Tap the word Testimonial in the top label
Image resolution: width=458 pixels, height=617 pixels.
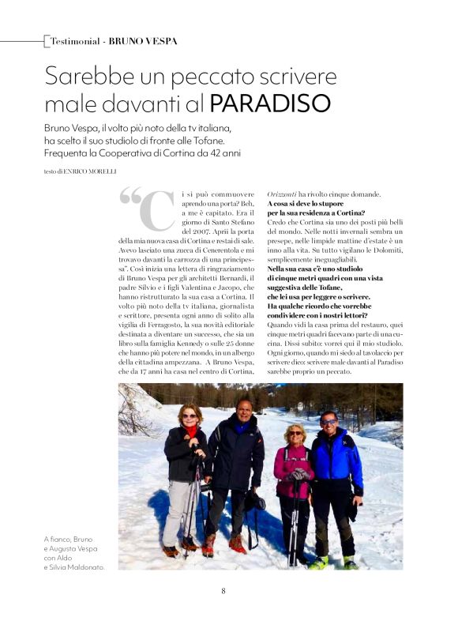tap(75, 40)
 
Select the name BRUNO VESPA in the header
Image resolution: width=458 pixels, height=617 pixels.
tap(143, 40)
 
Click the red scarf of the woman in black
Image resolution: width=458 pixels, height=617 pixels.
tap(191, 431)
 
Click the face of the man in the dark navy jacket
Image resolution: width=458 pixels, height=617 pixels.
tap(244, 411)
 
